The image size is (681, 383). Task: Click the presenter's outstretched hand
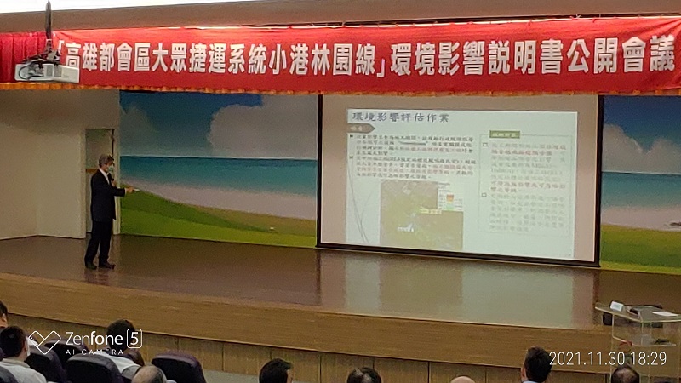point(130,188)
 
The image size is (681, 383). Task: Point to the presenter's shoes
point(98,265)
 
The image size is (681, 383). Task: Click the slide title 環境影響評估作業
point(391,117)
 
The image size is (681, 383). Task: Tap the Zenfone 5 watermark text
point(94,338)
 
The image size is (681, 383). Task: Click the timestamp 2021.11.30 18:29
point(607,359)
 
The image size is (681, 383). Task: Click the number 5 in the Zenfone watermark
point(134,337)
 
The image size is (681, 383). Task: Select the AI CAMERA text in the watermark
point(94,352)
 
